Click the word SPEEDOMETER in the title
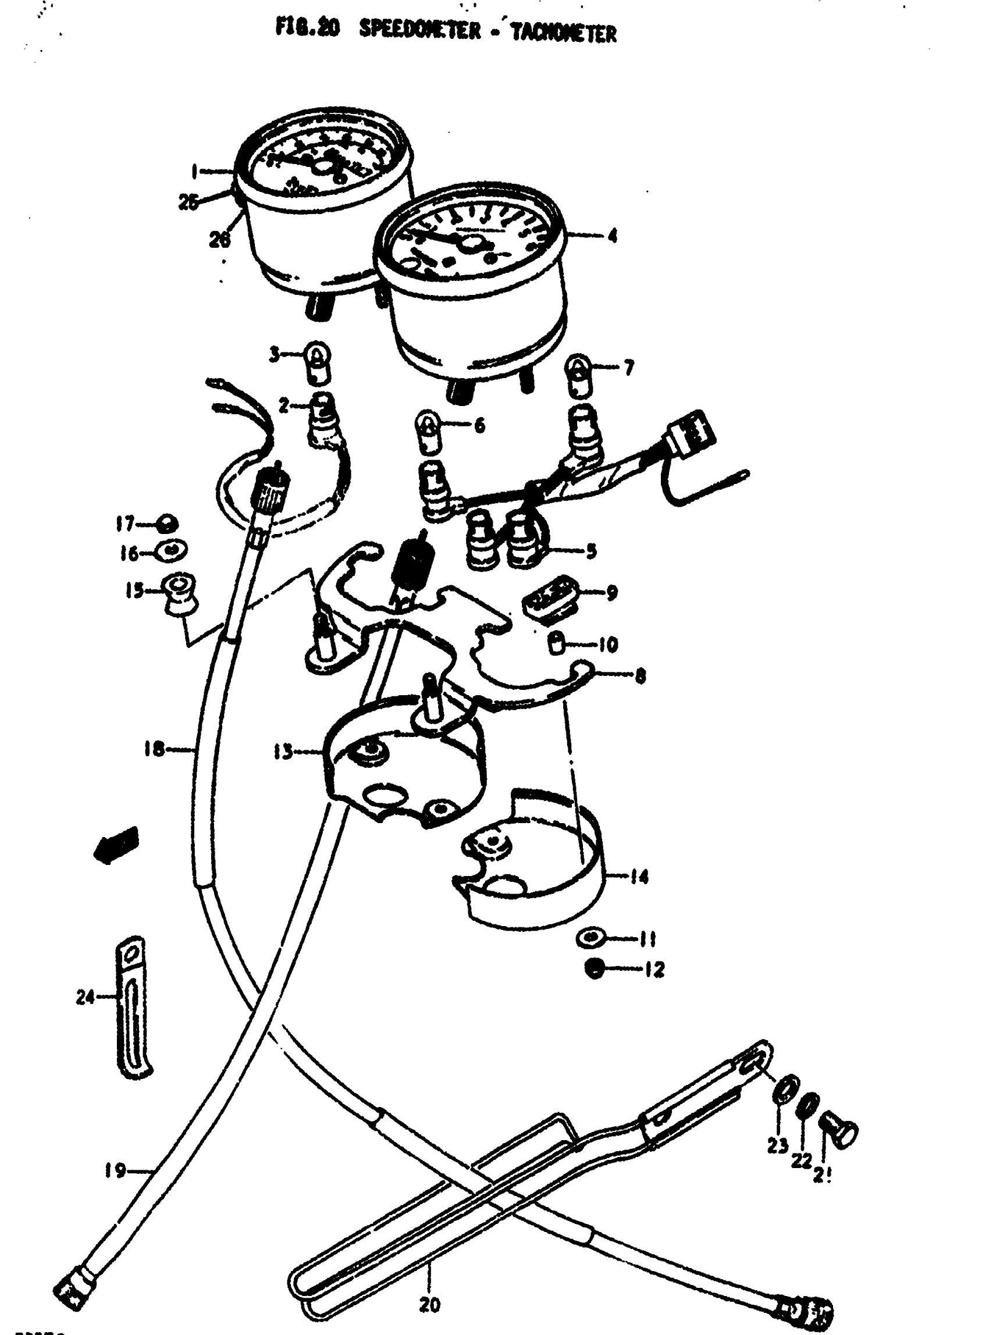419,31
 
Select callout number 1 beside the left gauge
194,172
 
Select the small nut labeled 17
165,525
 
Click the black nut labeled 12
594,969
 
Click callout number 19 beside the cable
115,1170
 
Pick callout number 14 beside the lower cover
639,878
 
